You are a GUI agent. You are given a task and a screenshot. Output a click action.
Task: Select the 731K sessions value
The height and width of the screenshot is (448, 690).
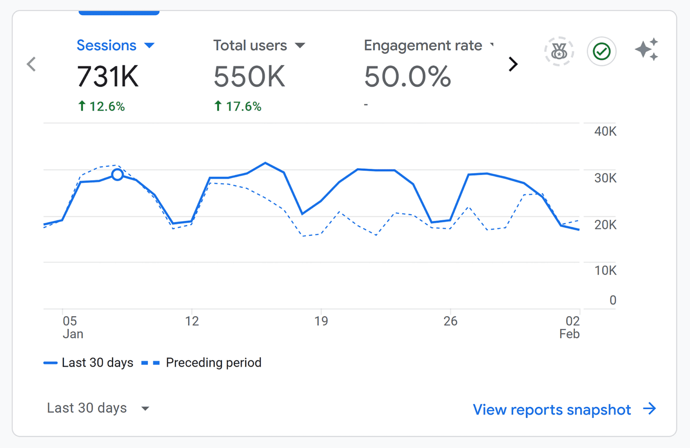108,77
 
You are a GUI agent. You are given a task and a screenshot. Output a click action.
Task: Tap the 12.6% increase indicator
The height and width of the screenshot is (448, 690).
102,106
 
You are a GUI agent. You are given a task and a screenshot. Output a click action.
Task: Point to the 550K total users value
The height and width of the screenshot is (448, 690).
249,77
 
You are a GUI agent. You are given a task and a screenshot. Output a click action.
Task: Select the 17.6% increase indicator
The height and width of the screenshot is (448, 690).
238,106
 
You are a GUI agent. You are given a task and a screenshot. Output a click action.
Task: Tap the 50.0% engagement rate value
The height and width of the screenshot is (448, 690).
407,77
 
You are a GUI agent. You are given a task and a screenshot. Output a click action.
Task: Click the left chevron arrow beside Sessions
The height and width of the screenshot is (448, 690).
32,64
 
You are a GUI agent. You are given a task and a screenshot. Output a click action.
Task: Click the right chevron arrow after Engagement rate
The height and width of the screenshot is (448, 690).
513,64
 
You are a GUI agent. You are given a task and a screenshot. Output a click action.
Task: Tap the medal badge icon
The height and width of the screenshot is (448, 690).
559,51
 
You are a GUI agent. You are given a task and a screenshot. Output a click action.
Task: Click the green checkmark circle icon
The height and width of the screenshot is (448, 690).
601,51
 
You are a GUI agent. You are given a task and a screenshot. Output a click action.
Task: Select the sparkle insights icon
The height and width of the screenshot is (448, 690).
646,50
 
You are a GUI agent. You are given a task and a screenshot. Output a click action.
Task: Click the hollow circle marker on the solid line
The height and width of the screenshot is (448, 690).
117,175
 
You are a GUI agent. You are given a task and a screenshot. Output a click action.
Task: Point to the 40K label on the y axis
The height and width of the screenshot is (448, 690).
605,132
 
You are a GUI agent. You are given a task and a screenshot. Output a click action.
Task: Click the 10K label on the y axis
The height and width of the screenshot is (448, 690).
605,271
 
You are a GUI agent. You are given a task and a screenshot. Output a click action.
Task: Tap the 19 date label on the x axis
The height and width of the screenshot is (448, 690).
321,321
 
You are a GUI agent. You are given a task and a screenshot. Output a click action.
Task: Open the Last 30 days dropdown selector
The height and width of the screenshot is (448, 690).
98,408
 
